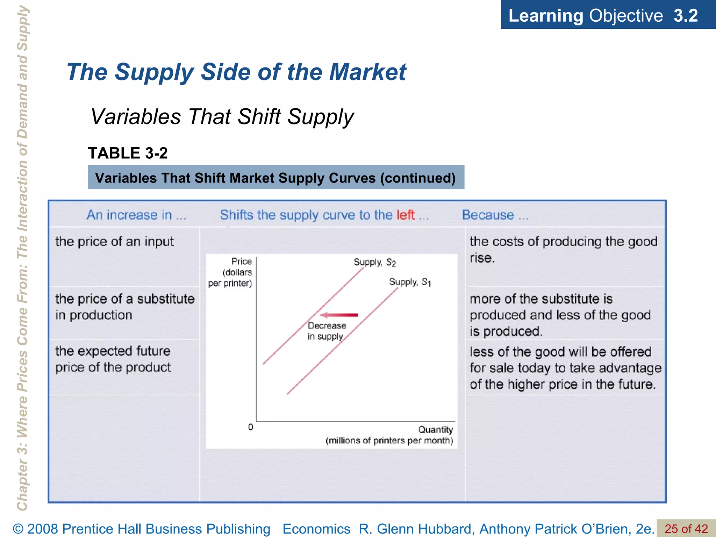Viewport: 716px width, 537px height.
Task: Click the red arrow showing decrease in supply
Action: [x=339, y=315]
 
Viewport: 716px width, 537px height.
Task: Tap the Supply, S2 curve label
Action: [x=374, y=262]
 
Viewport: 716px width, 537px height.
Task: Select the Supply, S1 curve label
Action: [x=410, y=282]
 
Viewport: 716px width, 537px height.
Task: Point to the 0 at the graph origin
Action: [x=251, y=427]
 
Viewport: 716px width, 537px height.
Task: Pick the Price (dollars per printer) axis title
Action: [x=231, y=272]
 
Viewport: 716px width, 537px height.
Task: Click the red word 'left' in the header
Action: [x=406, y=215]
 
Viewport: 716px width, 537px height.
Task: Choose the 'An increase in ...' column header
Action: [x=136, y=215]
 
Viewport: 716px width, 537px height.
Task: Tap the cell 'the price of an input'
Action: [x=114, y=242]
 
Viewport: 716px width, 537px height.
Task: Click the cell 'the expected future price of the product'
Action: [x=113, y=359]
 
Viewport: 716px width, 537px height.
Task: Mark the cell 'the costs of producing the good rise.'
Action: [x=563, y=249]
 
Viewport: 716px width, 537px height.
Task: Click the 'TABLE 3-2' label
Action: [x=128, y=153]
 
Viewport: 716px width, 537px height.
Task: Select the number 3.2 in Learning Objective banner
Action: [x=685, y=16]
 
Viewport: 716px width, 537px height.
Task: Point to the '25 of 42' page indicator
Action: [x=686, y=529]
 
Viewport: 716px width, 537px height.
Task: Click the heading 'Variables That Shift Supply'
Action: [x=222, y=116]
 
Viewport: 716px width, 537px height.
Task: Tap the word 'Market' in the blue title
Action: [x=367, y=72]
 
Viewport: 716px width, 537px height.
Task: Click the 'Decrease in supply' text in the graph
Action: [x=327, y=331]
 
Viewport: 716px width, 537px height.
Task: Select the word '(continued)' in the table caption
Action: [x=418, y=178]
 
